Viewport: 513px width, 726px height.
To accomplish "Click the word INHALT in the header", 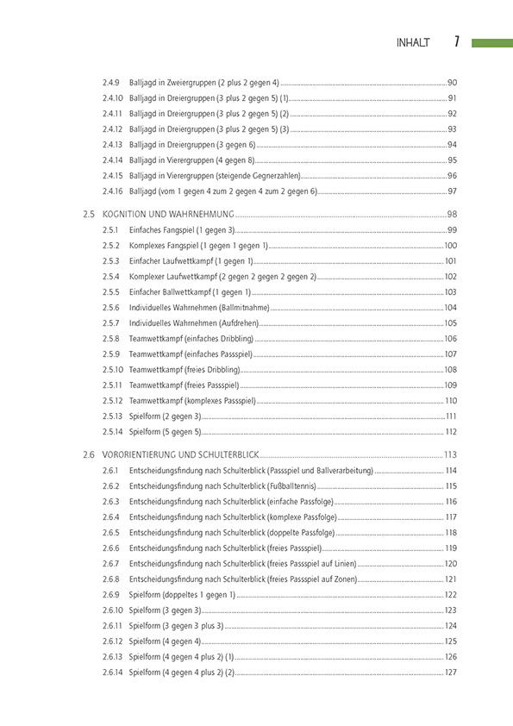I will [412, 42].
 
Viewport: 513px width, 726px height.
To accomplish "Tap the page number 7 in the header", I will [456, 41].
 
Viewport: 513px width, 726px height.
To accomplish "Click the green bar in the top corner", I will [491, 42].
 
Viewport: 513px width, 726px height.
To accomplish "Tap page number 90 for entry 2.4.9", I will [452, 82].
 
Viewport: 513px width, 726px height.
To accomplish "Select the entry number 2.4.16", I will [112, 191].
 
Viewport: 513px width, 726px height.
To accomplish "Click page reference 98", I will [452, 214].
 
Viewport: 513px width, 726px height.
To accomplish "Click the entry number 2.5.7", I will [110, 322].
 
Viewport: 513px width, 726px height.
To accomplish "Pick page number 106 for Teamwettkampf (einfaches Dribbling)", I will [450, 338].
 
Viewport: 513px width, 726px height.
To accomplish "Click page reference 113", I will [450, 454].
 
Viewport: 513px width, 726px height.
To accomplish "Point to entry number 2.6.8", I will [110, 579].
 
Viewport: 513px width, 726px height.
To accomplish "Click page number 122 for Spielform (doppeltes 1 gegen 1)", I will [450, 594].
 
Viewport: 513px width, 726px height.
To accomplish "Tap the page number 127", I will [450, 672].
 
